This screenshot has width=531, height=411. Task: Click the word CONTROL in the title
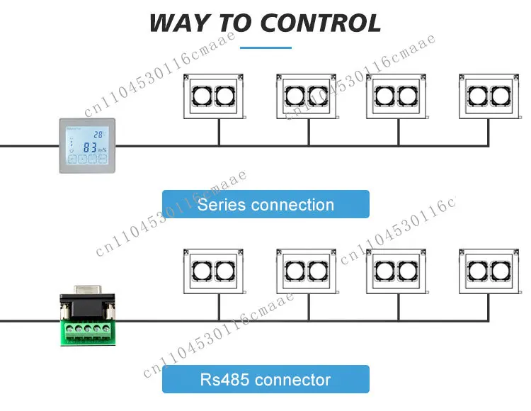pos(320,23)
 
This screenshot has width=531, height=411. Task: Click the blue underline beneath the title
pos(265,47)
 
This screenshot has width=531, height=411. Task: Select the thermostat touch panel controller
pos(86,146)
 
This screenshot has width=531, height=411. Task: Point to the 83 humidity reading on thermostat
pos(90,148)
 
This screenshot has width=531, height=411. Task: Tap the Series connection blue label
pos(265,204)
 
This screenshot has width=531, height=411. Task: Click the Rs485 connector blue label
pos(265,379)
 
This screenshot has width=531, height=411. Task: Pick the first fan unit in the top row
pos(214,96)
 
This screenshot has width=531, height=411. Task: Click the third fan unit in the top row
pos(396,96)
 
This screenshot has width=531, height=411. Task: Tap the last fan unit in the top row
pos(489,96)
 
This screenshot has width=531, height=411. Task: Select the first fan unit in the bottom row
pos(214,270)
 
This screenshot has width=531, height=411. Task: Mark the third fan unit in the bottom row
pos(396,270)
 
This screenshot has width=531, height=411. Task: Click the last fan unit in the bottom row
pos(489,270)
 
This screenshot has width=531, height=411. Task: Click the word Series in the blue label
pos(220,205)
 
